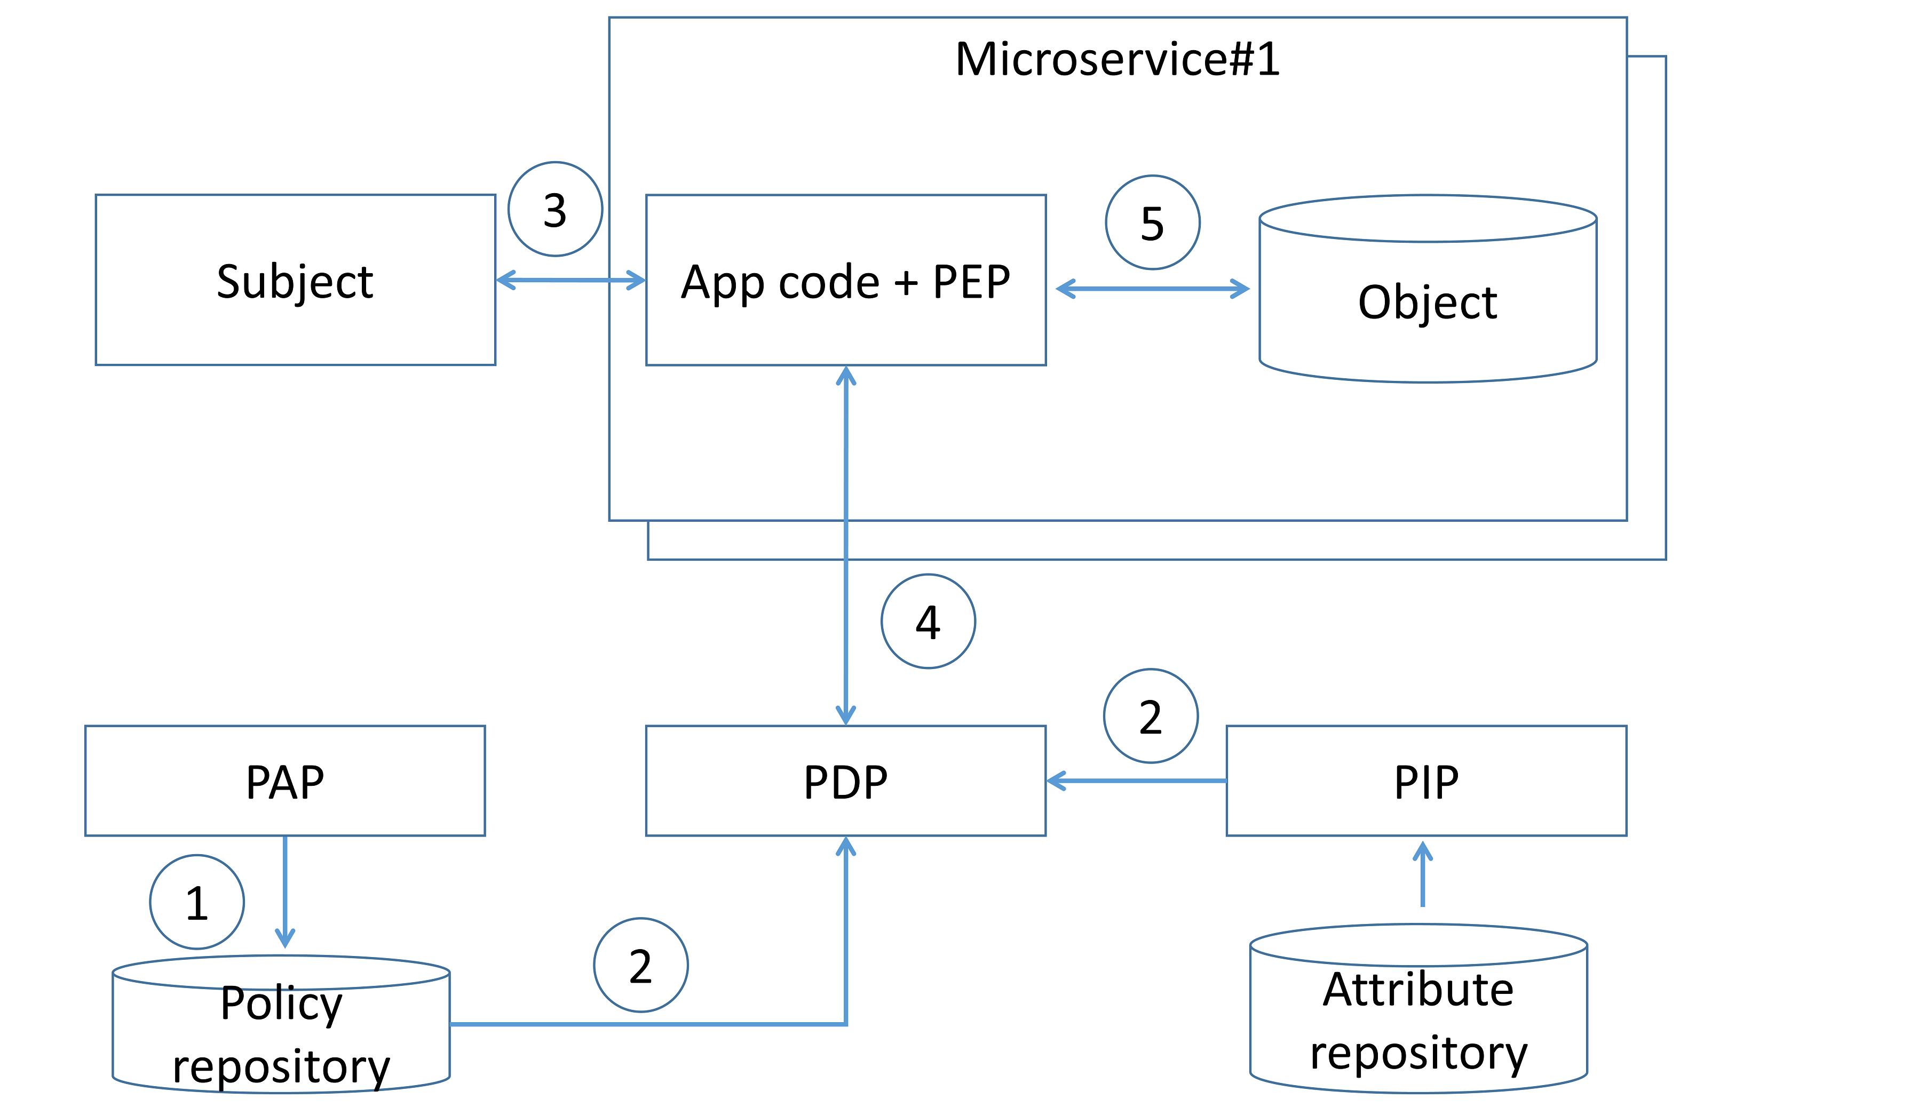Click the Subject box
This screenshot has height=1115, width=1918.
[x=295, y=280]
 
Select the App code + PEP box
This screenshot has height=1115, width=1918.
[x=845, y=280]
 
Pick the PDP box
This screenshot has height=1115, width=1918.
[x=845, y=781]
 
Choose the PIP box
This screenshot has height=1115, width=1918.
[x=1426, y=781]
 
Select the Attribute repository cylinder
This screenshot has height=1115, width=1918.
[x=1418, y=1020]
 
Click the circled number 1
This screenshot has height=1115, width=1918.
[x=197, y=902]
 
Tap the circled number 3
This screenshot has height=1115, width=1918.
[x=555, y=209]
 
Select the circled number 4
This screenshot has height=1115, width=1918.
[x=928, y=621]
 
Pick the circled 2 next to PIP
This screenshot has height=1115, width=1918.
[x=1151, y=716]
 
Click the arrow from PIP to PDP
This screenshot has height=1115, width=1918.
[x=1136, y=781]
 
